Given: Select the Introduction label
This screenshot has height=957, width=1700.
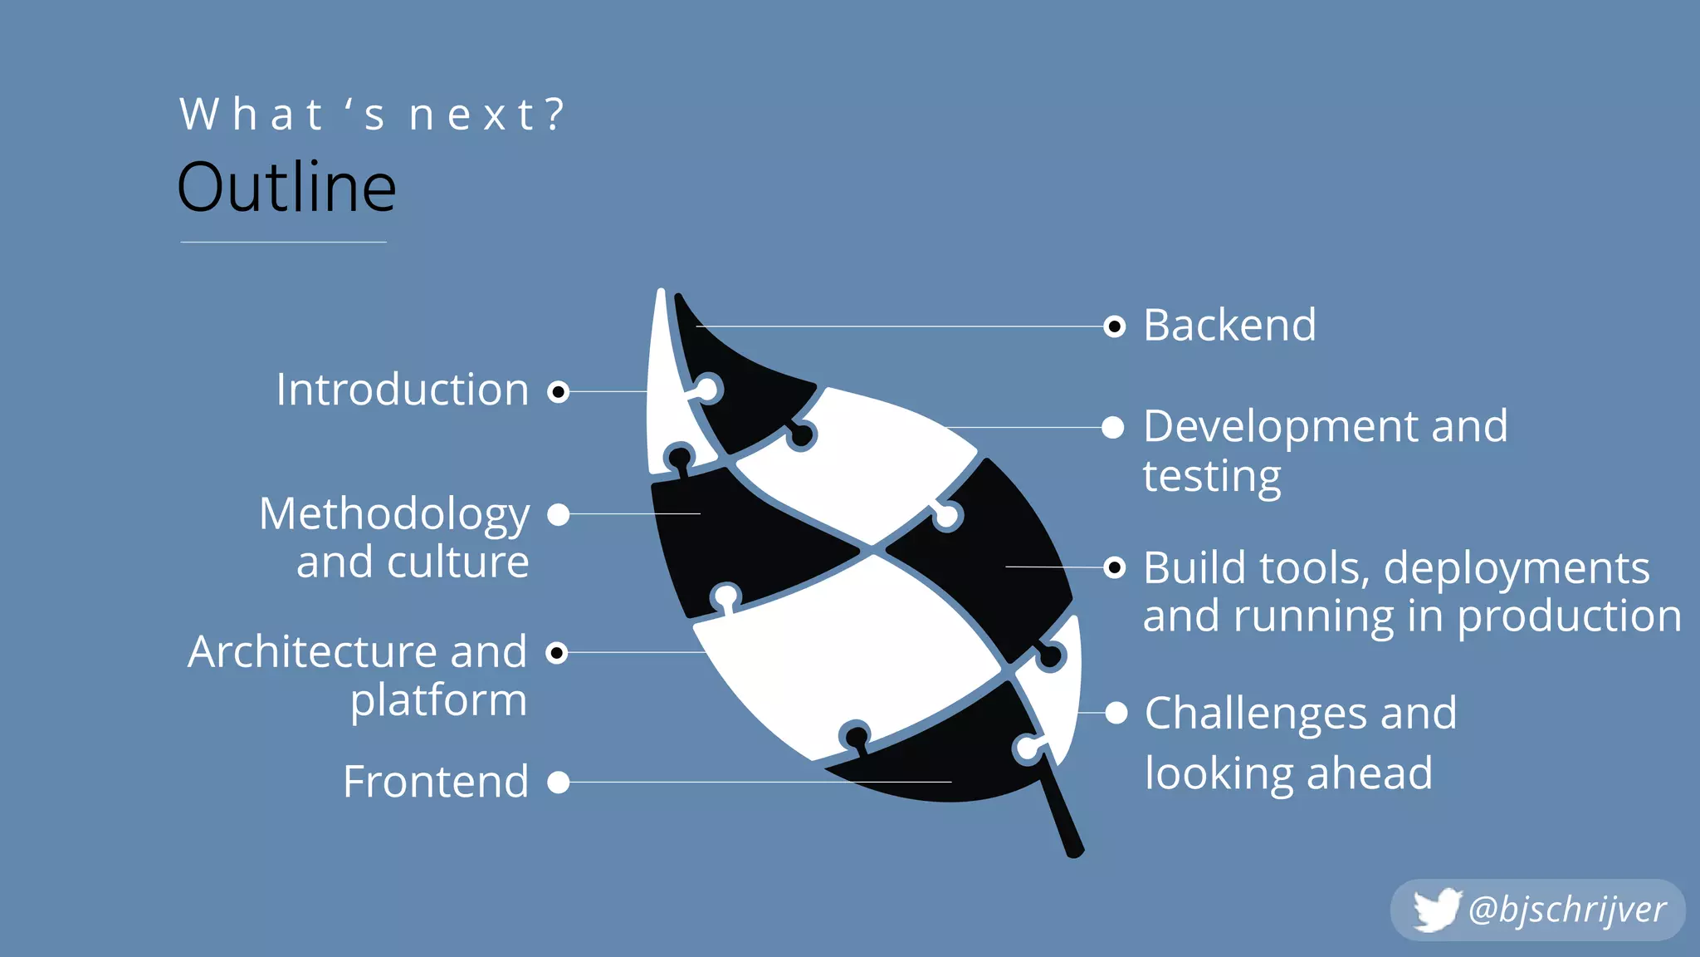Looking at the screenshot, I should [x=403, y=390].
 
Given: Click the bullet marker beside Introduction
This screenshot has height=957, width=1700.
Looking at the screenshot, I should [x=559, y=391].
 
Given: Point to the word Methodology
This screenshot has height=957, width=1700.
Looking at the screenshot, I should [x=394, y=514].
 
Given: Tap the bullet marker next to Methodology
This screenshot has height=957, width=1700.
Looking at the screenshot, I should [x=559, y=515].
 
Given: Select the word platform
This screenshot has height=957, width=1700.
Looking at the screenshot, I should [x=438, y=700].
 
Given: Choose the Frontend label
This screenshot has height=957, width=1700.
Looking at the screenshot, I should [x=436, y=782].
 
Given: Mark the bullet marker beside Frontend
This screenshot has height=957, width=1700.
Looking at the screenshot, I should [x=559, y=782].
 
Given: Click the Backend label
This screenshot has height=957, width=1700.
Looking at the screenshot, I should [x=1229, y=325].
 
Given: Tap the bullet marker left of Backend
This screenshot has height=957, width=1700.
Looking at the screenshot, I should [x=1114, y=326].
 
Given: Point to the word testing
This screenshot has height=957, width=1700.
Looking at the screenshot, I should [x=1212, y=476].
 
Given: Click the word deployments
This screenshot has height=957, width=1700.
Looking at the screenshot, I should [x=1517, y=568].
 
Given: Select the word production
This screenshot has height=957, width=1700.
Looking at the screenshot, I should [x=1569, y=616].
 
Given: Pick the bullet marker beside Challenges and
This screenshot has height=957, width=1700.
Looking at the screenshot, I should [x=1116, y=713].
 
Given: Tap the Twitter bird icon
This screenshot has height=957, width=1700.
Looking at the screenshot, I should [x=1437, y=910].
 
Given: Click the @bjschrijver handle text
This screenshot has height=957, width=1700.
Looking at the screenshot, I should [x=1567, y=910].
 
